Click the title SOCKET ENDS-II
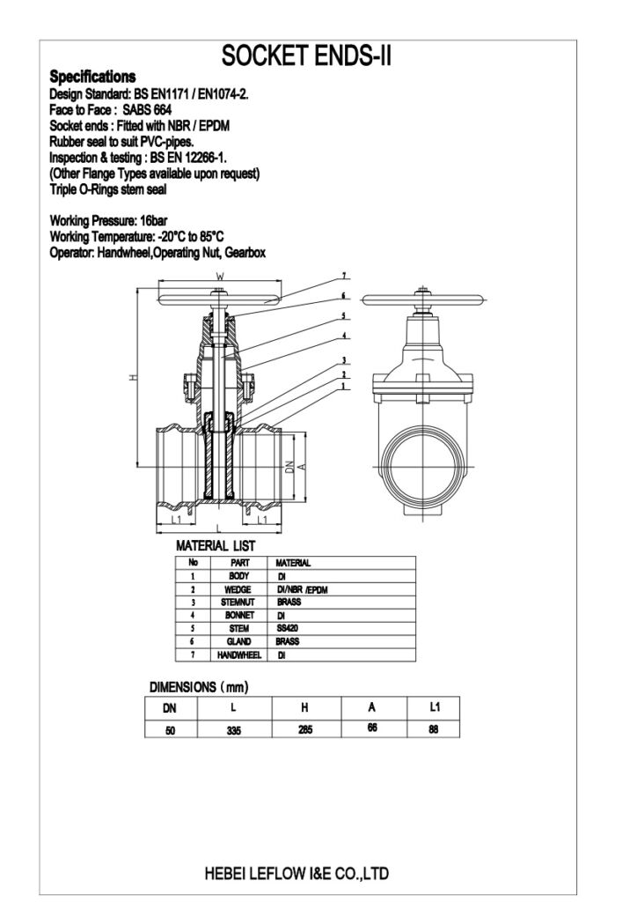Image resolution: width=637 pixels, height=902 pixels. [x=305, y=56]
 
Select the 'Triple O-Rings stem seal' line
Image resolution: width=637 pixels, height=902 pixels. [x=108, y=189]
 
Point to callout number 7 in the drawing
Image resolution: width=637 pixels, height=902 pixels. [x=345, y=276]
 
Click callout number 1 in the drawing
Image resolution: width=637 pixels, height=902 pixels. [x=345, y=385]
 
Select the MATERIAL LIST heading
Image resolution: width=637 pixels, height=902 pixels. [x=216, y=546]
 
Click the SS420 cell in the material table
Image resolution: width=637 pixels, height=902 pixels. [x=288, y=629]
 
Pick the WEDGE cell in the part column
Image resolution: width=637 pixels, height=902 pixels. [x=239, y=588]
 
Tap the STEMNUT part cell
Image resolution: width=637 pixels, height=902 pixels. [x=239, y=602]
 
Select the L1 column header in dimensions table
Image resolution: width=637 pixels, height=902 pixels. [x=433, y=707]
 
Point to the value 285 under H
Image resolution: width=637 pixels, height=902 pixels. [x=304, y=729]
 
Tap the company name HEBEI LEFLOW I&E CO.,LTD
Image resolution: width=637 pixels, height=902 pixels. [x=296, y=874]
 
